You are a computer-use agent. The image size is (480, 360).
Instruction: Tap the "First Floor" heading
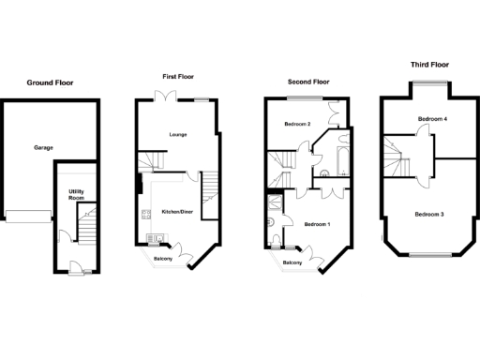178,76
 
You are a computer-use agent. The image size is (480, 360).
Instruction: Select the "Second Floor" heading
308,82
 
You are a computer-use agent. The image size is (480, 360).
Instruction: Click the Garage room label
43,148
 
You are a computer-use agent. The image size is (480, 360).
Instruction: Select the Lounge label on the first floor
177,135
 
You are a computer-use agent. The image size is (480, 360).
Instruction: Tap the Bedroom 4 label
432,119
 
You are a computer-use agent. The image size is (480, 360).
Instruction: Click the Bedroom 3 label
429,215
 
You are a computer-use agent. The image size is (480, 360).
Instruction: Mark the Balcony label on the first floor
163,258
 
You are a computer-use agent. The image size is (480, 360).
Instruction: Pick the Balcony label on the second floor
292,263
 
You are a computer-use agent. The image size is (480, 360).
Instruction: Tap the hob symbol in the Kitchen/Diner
147,217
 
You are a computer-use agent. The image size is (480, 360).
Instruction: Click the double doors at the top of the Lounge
165,98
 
